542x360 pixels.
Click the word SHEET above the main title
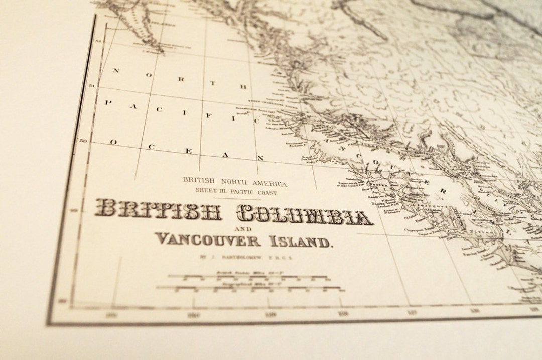click(x=206, y=191)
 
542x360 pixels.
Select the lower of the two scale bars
click(x=249, y=288)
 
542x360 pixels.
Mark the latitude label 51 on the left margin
click(x=91, y=86)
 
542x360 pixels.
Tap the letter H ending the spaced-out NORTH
click(x=244, y=86)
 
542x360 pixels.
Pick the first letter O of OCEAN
click(x=113, y=142)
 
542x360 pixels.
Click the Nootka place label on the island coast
click(x=377, y=184)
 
